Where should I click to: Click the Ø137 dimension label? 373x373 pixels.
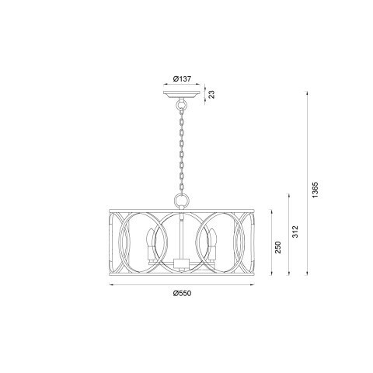pos(182,78)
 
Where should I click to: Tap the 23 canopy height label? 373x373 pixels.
pos(212,94)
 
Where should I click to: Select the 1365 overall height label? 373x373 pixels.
pos(315,190)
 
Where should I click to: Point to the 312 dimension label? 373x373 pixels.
pos(295,232)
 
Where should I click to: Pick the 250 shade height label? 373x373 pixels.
pos(277,247)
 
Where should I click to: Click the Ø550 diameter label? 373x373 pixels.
pos(182,293)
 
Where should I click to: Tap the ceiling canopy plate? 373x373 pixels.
pos(182,95)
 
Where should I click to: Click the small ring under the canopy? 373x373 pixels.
pos(182,105)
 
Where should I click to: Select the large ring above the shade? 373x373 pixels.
pos(182,200)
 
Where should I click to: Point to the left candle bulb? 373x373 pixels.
pos(150,244)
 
